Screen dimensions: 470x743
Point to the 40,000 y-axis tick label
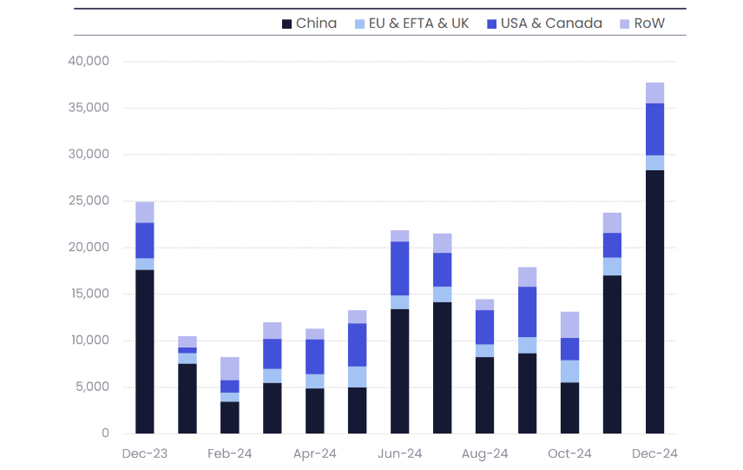(88, 62)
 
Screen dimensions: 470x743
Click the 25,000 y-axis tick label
(88, 201)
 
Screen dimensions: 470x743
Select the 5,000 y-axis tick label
(91, 387)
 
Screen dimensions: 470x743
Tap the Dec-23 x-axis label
(145, 453)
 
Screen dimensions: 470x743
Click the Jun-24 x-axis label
(400, 453)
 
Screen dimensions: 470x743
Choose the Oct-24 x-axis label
(569, 453)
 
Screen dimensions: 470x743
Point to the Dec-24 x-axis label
(655, 453)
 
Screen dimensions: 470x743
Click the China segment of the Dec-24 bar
(655, 301)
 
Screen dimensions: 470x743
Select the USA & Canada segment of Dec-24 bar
(655, 129)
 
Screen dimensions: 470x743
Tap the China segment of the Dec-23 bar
(145, 352)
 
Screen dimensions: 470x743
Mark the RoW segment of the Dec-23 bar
(145, 212)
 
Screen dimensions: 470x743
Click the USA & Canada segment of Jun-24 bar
(400, 268)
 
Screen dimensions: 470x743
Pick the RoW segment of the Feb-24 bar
(230, 368)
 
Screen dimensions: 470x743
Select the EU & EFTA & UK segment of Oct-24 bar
(569, 371)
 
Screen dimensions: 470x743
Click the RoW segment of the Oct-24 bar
(569, 325)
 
